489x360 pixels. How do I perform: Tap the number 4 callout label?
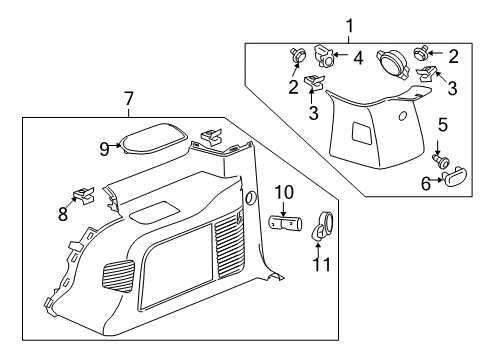pos(358,59)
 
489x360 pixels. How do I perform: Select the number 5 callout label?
pos(442,127)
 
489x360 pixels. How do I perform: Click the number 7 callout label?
pos(128,99)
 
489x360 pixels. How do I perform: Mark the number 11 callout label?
pos(322,265)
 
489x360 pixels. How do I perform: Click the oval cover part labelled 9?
pos(149,136)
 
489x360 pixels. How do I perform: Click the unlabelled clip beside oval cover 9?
pos(210,133)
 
